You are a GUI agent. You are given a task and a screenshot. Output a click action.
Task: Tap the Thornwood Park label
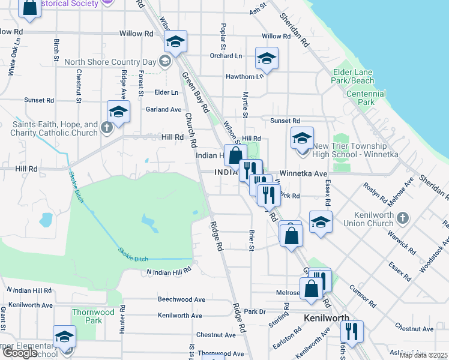(93, 316)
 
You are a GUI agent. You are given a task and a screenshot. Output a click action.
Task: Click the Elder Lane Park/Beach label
(353, 76)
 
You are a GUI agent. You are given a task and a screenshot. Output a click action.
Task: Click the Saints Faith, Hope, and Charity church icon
(106, 127)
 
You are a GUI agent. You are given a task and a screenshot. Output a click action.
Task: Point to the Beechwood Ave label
(181, 299)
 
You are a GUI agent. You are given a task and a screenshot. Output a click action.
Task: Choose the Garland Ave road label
(163, 110)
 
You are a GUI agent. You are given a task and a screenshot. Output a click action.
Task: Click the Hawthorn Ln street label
(244, 76)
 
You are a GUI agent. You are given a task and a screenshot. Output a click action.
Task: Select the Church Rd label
(191, 130)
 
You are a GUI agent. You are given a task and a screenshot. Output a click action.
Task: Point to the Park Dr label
(255, 311)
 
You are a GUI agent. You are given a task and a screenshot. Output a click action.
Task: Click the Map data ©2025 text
(424, 355)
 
